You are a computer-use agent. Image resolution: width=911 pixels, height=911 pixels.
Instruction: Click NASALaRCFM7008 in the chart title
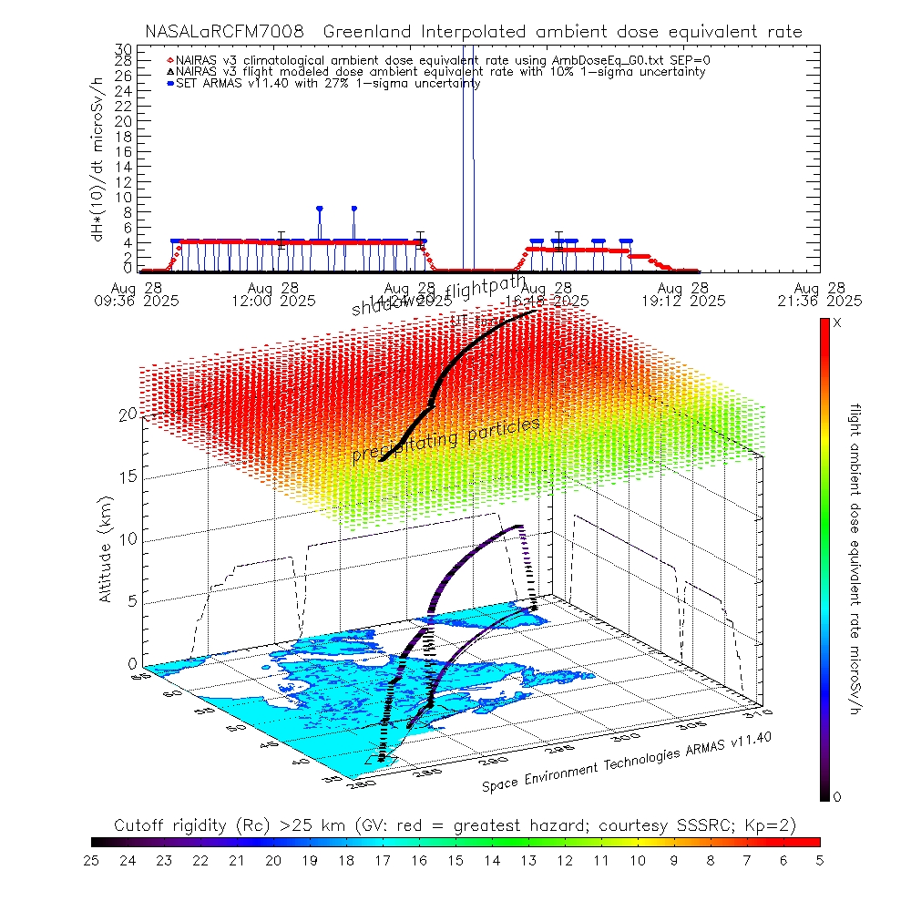click(x=218, y=32)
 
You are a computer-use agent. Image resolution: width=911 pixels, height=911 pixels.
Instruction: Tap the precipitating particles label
click(x=446, y=440)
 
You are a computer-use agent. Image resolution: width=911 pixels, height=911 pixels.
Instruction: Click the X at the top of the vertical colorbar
click(x=837, y=323)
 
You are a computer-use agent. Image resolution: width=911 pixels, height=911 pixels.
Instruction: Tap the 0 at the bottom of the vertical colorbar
click(x=837, y=797)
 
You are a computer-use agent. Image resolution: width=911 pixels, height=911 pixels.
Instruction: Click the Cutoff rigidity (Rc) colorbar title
click(x=455, y=825)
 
